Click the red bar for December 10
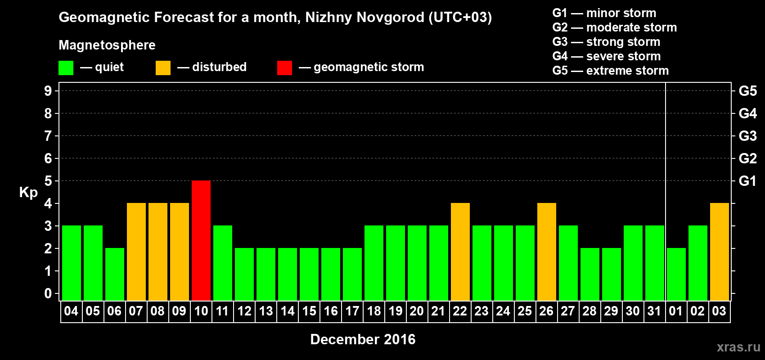tap(201, 240)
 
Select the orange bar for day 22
tap(460, 252)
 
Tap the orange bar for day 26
tap(547, 252)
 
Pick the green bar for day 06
tap(115, 274)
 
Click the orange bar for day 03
tap(720, 252)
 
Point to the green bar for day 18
tap(374, 263)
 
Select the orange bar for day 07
tap(136, 252)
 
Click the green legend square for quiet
tap(66, 68)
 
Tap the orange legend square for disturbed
tap(163, 68)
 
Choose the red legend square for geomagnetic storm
tap(284, 68)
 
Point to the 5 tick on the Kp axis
tap(48, 181)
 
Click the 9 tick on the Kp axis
tap(48, 91)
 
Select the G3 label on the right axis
tap(747, 136)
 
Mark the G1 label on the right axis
tap(747, 181)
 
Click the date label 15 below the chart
tap(309, 311)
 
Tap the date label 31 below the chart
tap(654, 311)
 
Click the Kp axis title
tap(28, 192)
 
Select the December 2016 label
tap(363, 339)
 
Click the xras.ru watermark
tap(738, 346)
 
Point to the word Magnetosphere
tap(107, 45)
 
